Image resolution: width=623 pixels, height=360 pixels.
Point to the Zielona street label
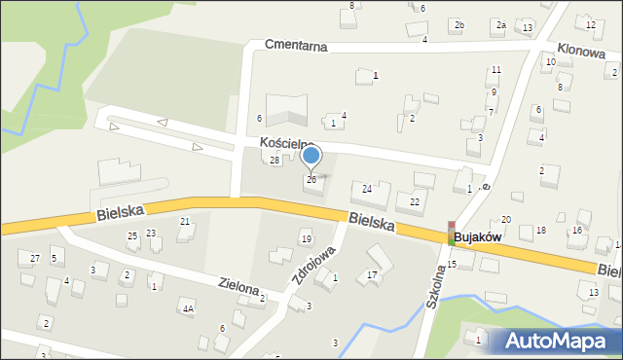point(238,288)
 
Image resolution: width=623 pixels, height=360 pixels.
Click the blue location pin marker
point(311,156)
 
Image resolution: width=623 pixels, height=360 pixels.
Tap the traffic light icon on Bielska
point(452,232)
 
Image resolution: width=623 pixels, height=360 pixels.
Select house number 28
point(275,160)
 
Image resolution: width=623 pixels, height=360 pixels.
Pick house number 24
point(367,188)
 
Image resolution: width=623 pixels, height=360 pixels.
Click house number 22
point(415,201)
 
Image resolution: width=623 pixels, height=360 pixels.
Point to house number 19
point(306,239)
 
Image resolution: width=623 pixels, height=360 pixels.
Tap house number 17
point(372,275)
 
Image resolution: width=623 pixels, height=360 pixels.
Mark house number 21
point(184,222)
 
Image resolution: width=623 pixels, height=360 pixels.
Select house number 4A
point(188,308)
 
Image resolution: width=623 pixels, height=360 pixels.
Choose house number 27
point(34,258)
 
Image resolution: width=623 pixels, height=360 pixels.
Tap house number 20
point(506,220)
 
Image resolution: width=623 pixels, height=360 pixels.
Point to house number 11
point(495,70)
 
